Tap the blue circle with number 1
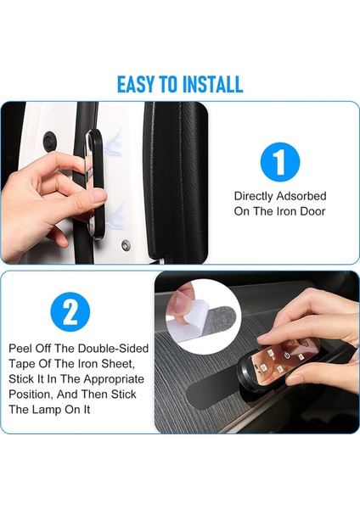(280, 162)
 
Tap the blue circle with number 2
(70, 311)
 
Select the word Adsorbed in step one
(301, 196)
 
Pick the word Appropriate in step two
(114, 379)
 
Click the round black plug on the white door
(49, 140)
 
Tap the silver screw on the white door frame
(126, 245)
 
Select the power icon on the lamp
(287, 355)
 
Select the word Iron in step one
(286, 211)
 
